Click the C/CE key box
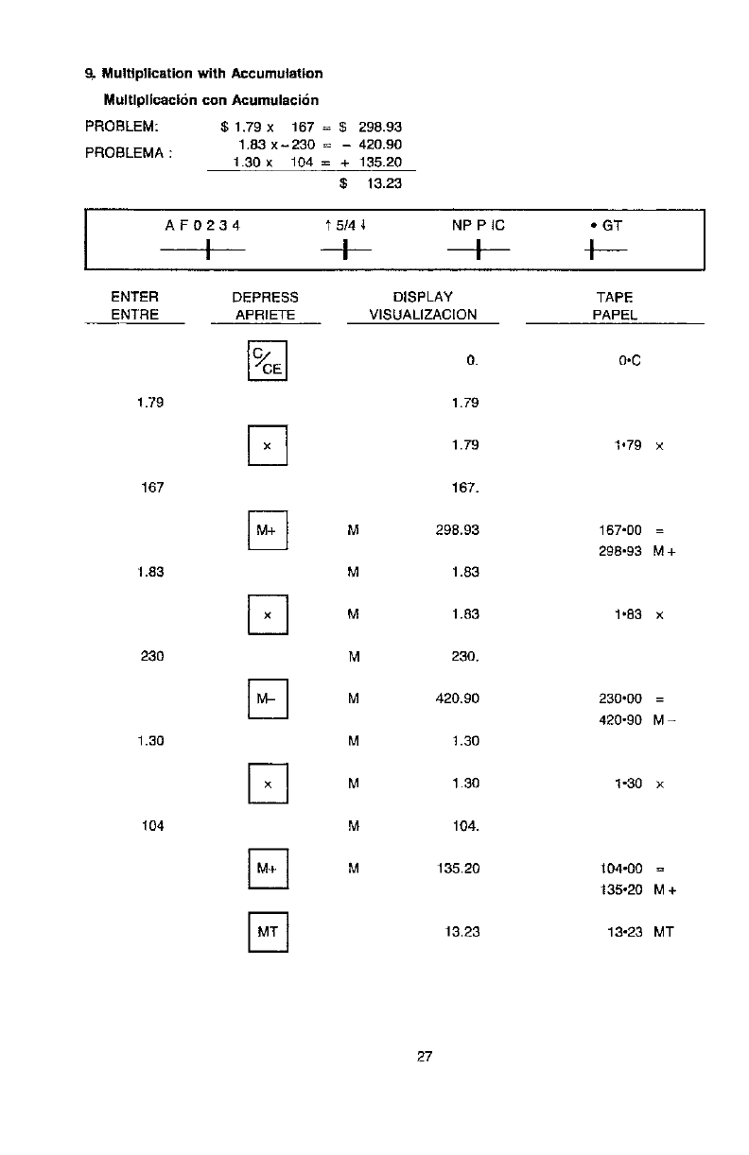(x=268, y=360)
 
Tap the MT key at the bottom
(x=268, y=932)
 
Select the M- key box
(x=268, y=699)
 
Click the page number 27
(x=424, y=1057)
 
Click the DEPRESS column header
(x=265, y=297)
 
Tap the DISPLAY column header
(x=423, y=297)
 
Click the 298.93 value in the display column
(x=461, y=530)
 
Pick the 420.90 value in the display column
(x=461, y=699)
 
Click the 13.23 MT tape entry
(x=640, y=932)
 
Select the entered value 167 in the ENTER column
(x=151, y=488)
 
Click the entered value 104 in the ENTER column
(x=151, y=826)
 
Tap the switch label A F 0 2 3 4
(x=202, y=226)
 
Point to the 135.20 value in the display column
(x=461, y=869)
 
